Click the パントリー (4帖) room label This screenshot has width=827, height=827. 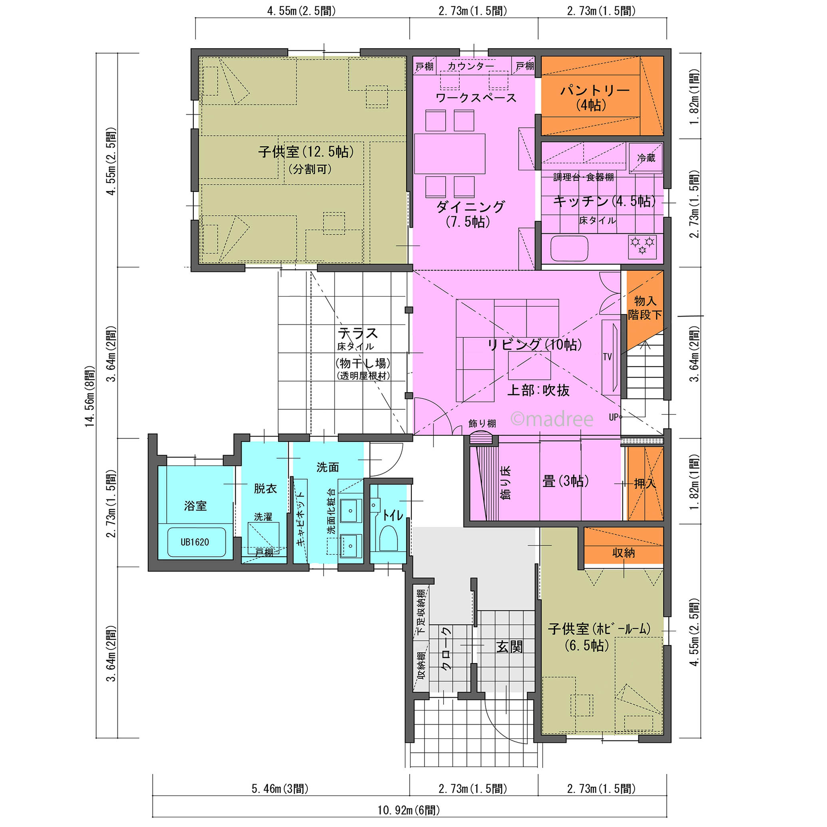point(595,98)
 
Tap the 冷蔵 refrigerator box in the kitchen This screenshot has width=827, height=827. point(646,158)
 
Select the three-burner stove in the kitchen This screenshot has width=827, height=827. point(642,247)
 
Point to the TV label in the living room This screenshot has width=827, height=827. point(607,357)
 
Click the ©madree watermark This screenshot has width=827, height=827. point(552,419)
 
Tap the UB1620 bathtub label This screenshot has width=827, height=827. point(195,542)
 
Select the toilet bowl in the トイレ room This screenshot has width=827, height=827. point(388,538)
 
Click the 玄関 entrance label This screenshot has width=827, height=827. point(509,647)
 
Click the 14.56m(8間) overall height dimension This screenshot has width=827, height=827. point(89,396)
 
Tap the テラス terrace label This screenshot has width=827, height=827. point(358,333)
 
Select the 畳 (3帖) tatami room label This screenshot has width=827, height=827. point(566,481)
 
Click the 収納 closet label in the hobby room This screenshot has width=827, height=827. point(623,553)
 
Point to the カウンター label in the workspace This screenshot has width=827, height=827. point(471,66)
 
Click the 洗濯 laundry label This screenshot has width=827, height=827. point(263,517)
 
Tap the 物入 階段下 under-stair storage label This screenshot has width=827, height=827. point(645,307)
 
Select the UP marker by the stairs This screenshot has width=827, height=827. point(614,416)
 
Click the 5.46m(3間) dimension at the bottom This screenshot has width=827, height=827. point(280,789)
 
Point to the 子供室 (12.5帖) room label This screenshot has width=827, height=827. point(306,152)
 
